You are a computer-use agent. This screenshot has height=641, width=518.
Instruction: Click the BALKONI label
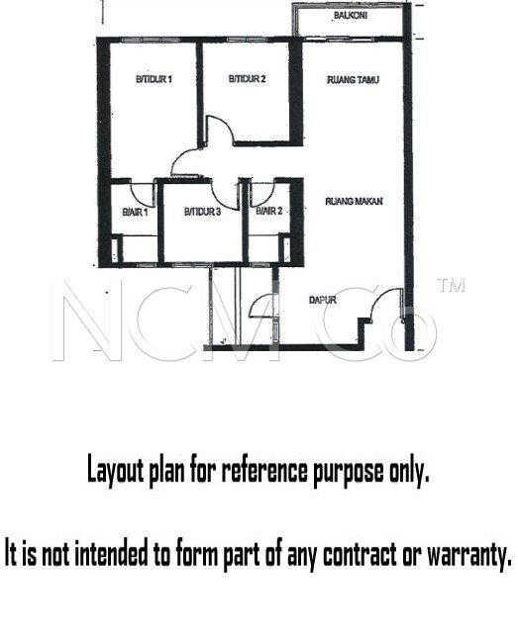click(351, 16)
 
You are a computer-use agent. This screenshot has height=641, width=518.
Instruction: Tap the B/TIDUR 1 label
click(154, 79)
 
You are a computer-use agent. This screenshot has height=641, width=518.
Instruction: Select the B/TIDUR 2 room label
click(247, 78)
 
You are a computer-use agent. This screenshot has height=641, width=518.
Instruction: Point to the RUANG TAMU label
click(353, 80)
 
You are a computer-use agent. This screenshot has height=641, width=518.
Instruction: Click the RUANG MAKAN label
click(354, 201)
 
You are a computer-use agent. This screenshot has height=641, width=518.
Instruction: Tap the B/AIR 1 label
click(135, 212)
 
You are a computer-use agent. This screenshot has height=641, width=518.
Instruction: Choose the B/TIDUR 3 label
click(202, 212)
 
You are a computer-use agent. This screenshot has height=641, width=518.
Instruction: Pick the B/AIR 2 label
click(269, 211)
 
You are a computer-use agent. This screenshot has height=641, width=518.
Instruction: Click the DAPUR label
click(323, 300)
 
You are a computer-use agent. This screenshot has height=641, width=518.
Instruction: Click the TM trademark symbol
click(452, 286)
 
